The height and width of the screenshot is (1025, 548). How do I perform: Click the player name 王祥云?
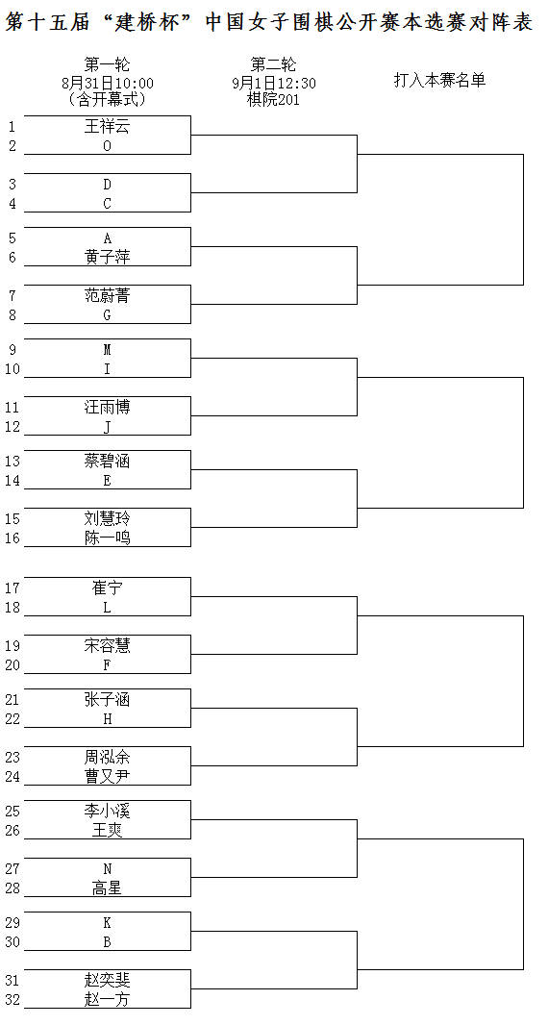(x=108, y=126)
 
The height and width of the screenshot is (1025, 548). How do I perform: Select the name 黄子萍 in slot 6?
(x=108, y=257)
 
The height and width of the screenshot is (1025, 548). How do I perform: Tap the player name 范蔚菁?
(x=108, y=295)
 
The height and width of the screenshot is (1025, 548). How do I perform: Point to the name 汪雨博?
(x=108, y=408)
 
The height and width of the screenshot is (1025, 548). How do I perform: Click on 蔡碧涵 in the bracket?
(x=108, y=461)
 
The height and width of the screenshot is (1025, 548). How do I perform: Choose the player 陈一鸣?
(x=108, y=538)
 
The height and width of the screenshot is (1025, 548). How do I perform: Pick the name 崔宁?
(x=108, y=587)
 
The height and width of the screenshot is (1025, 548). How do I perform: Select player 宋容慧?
(x=108, y=646)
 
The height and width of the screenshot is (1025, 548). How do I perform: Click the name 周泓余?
(x=108, y=757)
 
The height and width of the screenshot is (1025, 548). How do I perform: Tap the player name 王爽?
(x=108, y=830)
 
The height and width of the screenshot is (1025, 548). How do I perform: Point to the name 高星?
(x=108, y=887)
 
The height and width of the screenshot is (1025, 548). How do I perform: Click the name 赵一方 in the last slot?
(x=108, y=999)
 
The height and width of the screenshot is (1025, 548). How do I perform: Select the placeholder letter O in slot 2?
(x=108, y=146)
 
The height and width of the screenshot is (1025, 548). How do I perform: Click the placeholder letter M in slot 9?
(x=108, y=350)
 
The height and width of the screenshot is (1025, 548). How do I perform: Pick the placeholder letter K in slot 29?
(x=108, y=923)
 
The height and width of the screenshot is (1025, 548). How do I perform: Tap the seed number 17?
(x=12, y=588)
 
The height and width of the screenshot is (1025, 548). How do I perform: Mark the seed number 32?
(x=12, y=1000)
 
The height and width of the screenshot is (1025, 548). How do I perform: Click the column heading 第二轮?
(x=273, y=64)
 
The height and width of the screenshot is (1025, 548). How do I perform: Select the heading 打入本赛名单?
(x=439, y=81)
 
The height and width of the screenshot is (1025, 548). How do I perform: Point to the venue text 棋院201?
(x=273, y=99)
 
